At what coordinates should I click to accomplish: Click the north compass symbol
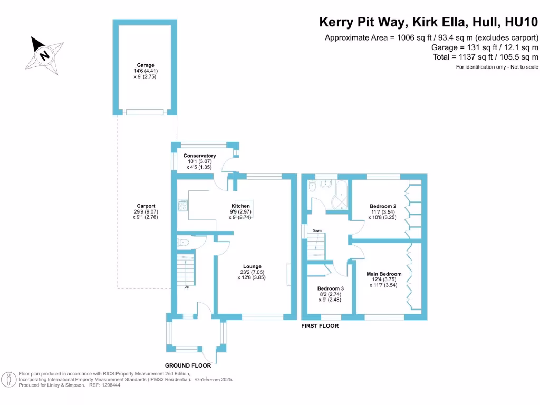(45, 54)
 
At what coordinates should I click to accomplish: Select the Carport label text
(146, 206)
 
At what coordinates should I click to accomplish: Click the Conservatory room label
(199, 156)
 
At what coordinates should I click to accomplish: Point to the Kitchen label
(240, 206)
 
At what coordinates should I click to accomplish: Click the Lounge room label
(252, 266)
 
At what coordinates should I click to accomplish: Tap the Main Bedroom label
(384, 274)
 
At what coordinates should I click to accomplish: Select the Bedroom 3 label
(331, 288)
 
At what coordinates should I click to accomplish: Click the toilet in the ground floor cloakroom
(184, 242)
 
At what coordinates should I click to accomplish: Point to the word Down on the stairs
(317, 230)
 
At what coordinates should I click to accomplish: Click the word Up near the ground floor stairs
(186, 287)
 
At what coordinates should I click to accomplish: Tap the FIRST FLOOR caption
(320, 326)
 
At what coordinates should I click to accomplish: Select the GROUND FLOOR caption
(188, 365)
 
